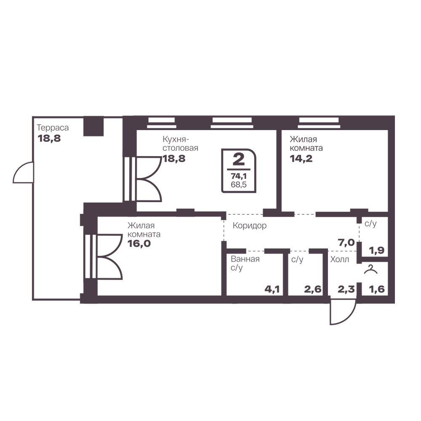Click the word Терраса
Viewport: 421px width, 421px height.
(x=53, y=128)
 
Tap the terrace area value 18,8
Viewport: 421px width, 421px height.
(x=49, y=139)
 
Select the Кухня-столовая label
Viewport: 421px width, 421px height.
(x=180, y=144)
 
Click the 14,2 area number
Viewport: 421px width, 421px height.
(x=301, y=159)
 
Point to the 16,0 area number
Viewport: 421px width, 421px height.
(x=139, y=243)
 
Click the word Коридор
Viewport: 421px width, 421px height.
(x=249, y=226)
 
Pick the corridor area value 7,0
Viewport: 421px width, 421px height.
(x=346, y=243)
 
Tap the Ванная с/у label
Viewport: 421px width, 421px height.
(x=245, y=263)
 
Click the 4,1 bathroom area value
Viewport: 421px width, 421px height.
(x=272, y=289)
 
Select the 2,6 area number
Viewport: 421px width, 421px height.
(x=313, y=289)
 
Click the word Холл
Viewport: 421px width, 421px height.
(x=340, y=259)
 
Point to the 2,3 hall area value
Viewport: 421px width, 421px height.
(x=346, y=289)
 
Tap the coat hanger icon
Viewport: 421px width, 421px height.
(x=370, y=269)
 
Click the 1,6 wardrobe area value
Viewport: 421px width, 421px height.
(x=377, y=289)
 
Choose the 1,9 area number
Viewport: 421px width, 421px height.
(x=377, y=250)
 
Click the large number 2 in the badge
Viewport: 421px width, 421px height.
(x=238, y=159)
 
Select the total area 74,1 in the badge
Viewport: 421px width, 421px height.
(x=239, y=176)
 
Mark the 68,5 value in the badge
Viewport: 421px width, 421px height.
(x=239, y=185)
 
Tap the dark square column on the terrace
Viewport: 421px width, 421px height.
(x=93, y=126)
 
